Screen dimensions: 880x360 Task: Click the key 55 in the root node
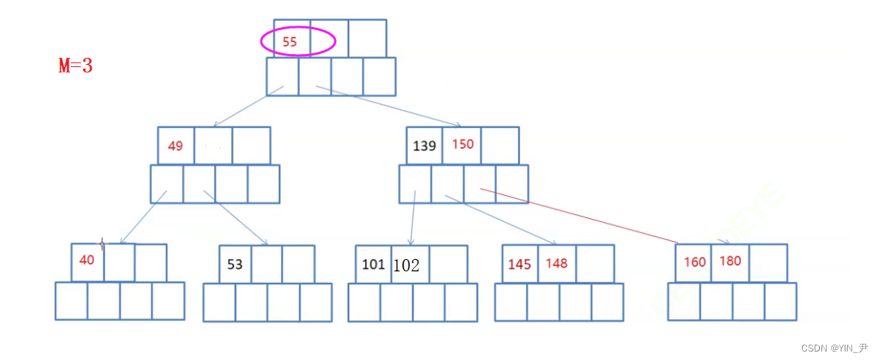pos(290,42)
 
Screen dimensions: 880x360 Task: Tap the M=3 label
pos(76,66)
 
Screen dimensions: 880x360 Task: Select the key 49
pos(176,146)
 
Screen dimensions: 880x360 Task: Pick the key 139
pos(425,146)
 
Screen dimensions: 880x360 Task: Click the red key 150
pos(462,145)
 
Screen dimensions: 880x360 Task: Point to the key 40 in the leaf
pos(86,261)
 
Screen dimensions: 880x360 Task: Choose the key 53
pos(235,264)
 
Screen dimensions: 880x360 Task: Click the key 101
pos(373,264)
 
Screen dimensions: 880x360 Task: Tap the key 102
pos(406,265)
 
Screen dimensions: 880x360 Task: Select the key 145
pos(519,264)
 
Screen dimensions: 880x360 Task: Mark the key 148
pos(556,263)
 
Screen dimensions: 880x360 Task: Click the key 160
pos(694,262)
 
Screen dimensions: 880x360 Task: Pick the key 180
pos(730,261)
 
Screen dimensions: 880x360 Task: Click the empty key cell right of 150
pos(500,146)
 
